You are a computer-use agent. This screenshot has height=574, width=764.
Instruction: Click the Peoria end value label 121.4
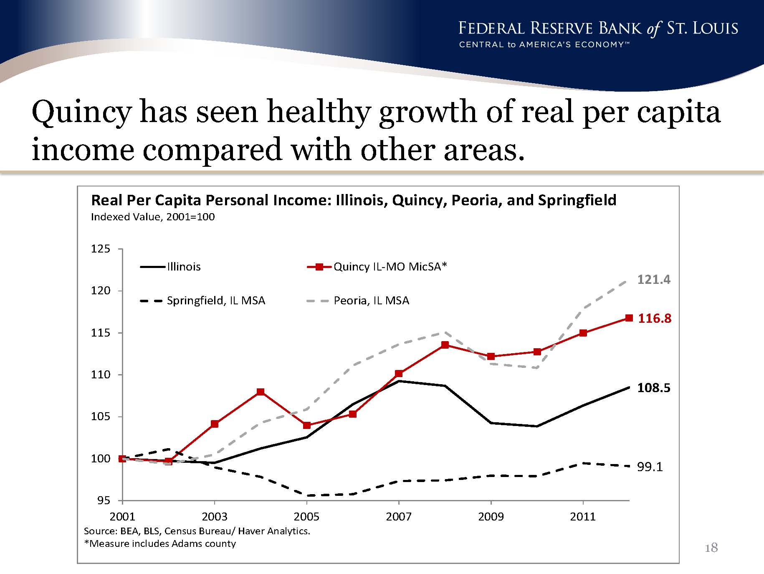pos(653,279)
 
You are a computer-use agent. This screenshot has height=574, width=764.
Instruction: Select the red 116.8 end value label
pos(655,319)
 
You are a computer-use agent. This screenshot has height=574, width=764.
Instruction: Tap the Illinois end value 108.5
pos(653,388)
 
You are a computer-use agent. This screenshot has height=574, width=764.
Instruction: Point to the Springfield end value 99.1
pos(650,467)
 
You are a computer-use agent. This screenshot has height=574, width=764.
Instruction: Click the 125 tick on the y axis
pos(101,249)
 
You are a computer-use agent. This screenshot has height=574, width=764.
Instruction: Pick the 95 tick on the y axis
pos(104,500)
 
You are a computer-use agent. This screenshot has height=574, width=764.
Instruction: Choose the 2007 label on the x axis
pos(399,517)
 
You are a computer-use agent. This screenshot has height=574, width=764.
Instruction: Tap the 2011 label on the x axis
pos(583,517)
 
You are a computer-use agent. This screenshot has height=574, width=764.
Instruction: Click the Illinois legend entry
pos(170,267)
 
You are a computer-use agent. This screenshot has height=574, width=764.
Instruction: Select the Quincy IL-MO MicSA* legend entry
pos(377,267)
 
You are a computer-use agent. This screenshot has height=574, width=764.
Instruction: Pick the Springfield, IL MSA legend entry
pos(202,301)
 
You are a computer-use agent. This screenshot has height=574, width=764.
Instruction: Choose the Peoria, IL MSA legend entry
pos(358,301)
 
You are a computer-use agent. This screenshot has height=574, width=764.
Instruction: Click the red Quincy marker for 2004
pos(261,392)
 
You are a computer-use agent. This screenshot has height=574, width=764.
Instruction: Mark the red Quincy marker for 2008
pos(445,345)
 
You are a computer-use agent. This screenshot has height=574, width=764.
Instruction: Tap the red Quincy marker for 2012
pos(629,318)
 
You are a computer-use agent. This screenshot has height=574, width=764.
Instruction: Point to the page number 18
pos(711,548)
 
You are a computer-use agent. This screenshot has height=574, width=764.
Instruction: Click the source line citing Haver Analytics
pos(197,531)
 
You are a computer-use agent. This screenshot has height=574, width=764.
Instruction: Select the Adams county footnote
pos(160,543)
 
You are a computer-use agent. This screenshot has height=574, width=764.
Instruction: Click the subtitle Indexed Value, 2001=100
pos(153,217)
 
